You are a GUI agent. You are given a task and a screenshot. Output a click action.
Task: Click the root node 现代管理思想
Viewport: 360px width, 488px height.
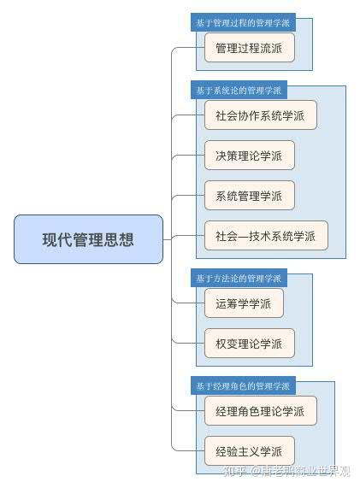click(88, 239)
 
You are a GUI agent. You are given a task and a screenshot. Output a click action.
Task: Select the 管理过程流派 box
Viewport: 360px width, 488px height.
click(250, 48)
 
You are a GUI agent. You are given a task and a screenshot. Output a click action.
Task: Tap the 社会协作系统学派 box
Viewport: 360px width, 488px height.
click(260, 115)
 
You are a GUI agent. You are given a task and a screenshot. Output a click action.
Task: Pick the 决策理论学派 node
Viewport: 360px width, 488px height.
click(250, 156)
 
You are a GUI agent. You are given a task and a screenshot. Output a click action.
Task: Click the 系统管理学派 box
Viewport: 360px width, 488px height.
click(250, 196)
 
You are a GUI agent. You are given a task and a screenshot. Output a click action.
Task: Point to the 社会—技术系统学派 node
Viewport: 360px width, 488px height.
click(266, 236)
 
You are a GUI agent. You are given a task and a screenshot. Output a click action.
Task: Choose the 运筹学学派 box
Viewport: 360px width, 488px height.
click(244, 303)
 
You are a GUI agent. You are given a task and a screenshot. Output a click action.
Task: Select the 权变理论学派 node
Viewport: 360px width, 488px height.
click(250, 344)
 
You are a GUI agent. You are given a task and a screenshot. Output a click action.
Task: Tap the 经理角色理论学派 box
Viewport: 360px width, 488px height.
click(260, 411)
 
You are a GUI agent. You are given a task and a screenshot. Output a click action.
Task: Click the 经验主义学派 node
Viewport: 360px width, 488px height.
click(250, 451)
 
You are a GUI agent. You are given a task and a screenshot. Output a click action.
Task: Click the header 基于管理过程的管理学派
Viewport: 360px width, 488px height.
click(243, 22)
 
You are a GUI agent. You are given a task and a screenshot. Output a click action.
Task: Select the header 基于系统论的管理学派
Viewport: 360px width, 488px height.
click(239, 90)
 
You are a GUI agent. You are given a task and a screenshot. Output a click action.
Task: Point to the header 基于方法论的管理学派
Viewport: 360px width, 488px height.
click(239, 278)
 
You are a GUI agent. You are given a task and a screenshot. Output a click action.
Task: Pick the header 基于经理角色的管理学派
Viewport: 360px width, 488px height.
click(243, 386)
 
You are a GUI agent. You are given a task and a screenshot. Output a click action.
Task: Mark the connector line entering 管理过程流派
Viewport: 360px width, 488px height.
click(188, 48)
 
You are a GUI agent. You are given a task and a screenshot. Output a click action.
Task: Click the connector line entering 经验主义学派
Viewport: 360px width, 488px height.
click(188, 450)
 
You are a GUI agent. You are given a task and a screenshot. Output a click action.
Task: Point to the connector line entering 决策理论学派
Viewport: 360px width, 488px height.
click(188, 156)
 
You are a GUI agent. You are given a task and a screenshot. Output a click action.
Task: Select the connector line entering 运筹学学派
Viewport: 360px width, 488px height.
click(188, 303)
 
